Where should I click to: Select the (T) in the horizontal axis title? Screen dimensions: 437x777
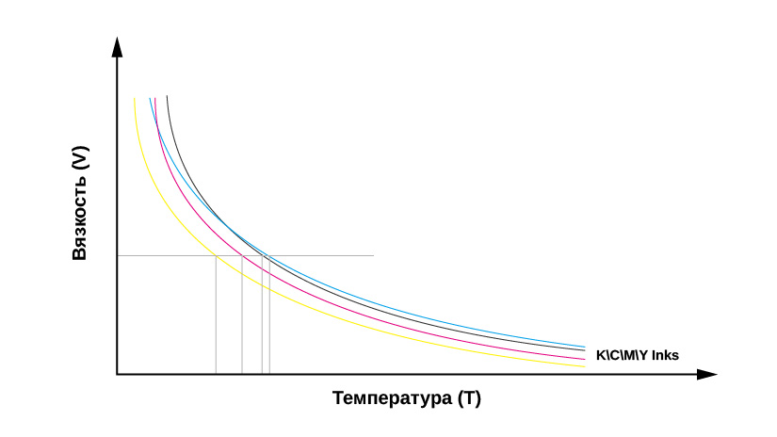click(468, 398)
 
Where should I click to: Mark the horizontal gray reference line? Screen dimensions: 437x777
click(320, 255)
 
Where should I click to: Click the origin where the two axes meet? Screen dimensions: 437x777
click(117, 375)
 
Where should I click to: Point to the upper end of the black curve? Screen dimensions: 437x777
click(167, 97)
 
